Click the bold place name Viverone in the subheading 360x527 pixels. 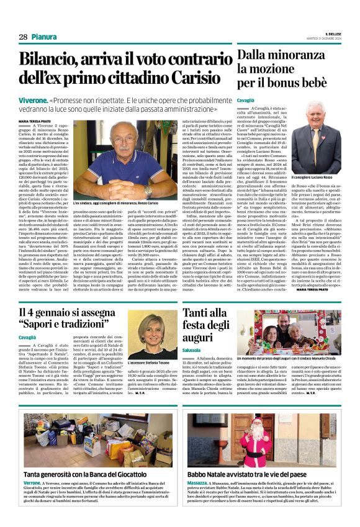34,100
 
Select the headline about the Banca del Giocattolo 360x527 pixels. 95,475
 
